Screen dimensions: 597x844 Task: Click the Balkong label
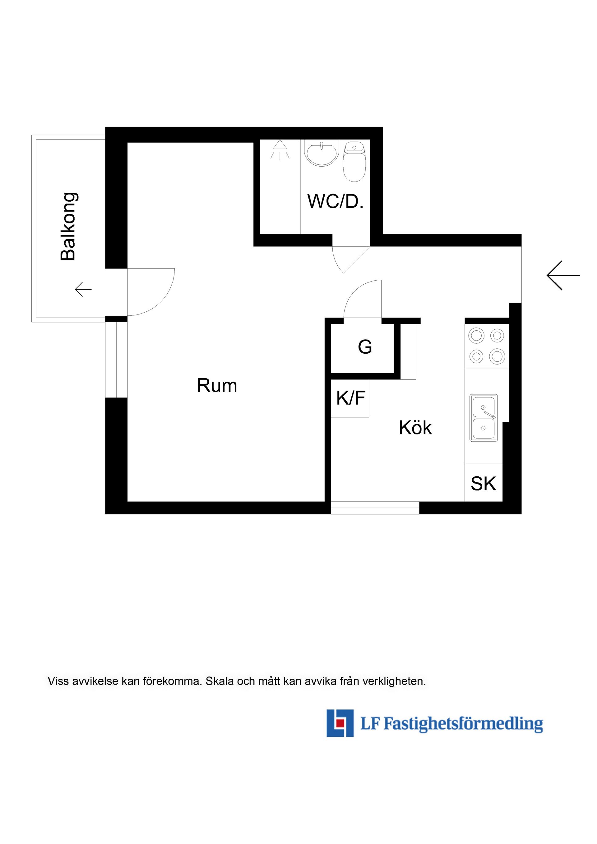click(x=69, y=227)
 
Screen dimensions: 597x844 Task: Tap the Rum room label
click(x=217, y=386)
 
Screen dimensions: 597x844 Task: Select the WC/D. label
click(x=336, y=201)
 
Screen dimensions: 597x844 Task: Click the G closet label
click(x=365, y=347)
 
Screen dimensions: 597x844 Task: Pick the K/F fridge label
click(x=351, y=398)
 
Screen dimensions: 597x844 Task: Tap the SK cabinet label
click(x=483, y=484)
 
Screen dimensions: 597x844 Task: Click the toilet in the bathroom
click(x=354, y=162)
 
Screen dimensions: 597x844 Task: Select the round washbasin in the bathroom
click(x=322, y=154)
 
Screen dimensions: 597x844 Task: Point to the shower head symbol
click(x=280, y=149)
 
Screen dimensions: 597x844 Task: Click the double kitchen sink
click(x=484, y=418)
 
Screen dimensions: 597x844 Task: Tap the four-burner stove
click(x=487, y=346)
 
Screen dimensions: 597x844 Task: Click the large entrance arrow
click(x=563, y=275)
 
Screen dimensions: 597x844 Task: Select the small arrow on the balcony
click(x=83, y=289)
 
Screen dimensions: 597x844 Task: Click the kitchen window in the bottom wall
click(x=375, y=508)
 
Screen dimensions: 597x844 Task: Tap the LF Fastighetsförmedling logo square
click(x=340, y=723)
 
